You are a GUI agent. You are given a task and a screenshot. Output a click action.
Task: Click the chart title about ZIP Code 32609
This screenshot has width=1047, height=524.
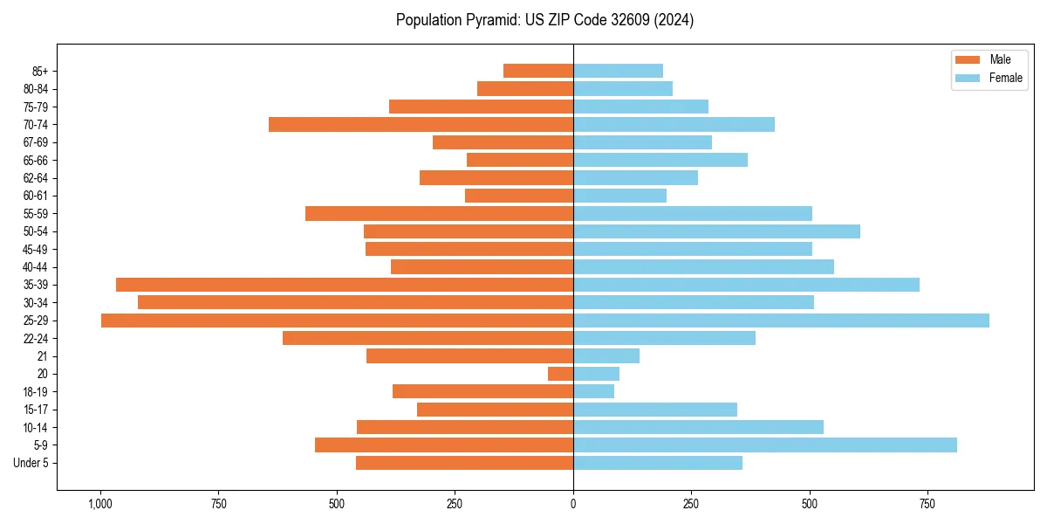coord(544,20)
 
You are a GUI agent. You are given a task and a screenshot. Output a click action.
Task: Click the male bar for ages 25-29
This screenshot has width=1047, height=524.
coord(337,321)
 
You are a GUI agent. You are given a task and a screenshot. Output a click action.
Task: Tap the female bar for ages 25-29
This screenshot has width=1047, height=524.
coord(781,321)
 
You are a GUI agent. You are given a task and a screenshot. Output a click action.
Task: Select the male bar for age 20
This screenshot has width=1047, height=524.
coord(560,374)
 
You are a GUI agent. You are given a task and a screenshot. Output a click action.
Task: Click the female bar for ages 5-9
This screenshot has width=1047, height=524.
coord(765,445)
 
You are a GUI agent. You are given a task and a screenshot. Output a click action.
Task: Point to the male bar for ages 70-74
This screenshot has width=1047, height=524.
coord(421,124)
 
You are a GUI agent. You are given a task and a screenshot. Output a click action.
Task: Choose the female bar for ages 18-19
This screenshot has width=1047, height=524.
coord(593,391)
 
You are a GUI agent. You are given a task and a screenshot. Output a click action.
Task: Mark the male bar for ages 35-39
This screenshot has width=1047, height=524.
coord(345,285)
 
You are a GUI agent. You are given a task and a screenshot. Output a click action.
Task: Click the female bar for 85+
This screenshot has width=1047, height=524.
coord(618,71)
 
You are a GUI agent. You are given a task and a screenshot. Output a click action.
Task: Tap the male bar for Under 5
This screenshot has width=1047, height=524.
coord(464,463)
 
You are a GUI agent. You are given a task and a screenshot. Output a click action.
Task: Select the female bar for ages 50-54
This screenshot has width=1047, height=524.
coord(716,231)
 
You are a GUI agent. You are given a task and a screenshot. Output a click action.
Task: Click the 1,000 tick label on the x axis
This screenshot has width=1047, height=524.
coord(100,505)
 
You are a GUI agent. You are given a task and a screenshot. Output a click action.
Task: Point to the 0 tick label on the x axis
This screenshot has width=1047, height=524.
coord(573,505)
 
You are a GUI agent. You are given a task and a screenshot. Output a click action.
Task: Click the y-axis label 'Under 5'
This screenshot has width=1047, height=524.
coord(31,463)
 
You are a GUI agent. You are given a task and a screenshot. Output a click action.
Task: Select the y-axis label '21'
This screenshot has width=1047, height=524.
coord(42,356)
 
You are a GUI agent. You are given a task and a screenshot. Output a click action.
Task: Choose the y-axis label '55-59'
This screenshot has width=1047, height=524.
coord(36,213)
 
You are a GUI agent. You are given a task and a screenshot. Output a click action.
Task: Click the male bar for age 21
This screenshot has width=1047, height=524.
coord(469,356)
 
